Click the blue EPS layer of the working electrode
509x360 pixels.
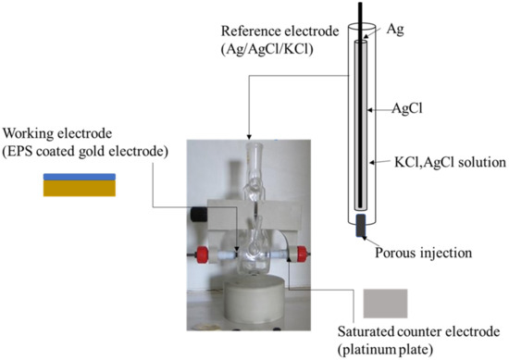(79, 177)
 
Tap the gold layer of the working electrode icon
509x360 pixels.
(79, 188)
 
